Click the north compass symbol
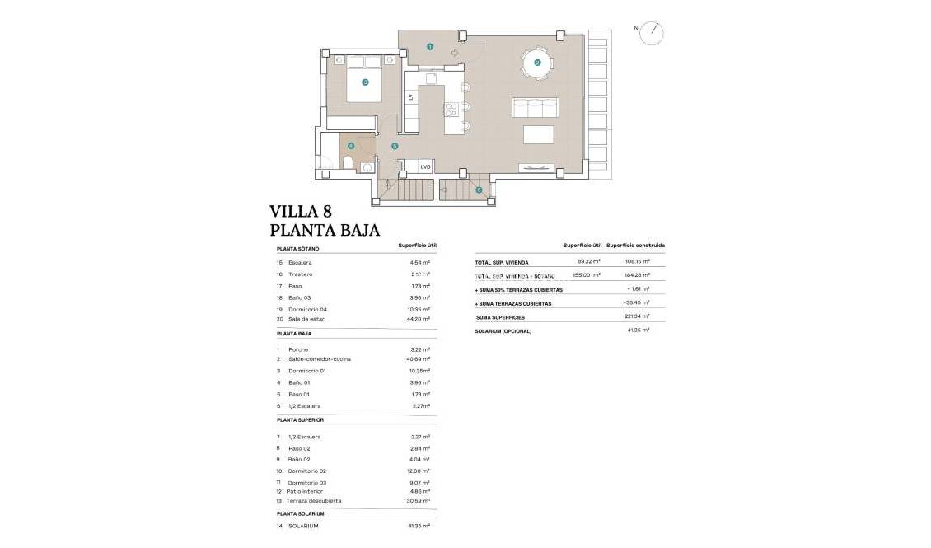652,33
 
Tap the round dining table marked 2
537,63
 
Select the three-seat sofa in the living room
535,107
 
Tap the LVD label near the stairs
425,166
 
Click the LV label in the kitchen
410,97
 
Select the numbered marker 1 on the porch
430,47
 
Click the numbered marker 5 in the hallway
395,146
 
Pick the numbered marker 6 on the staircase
479,190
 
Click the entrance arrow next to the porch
456,53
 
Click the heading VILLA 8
301,212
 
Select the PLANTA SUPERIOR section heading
300,420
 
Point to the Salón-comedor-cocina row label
320,360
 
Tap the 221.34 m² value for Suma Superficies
639,316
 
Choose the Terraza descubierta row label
315,501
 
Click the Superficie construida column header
635,246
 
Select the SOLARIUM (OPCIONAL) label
503,331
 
